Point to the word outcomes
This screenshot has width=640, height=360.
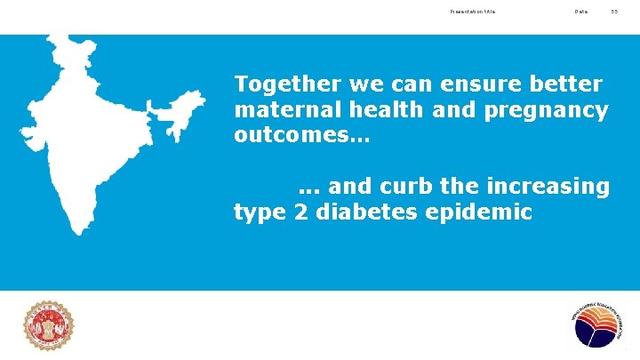(298, 138)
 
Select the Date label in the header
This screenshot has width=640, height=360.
(580, 12)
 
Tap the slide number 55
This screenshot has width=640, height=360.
(613, 12)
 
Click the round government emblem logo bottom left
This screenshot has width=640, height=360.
(49, 325)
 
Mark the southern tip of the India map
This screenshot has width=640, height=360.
(82, 229)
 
